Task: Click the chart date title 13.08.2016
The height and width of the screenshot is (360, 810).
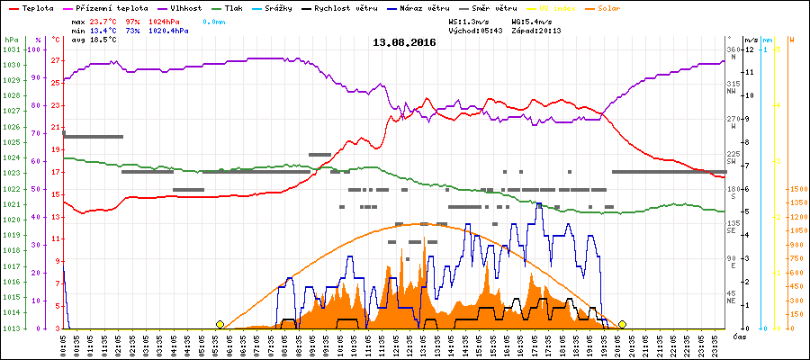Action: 404,42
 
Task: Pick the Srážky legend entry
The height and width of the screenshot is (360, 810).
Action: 283,7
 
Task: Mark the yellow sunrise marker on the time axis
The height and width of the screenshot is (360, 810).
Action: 220,324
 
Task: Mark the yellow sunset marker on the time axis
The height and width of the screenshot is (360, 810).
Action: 622,324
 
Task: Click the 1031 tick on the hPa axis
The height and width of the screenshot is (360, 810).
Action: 11,49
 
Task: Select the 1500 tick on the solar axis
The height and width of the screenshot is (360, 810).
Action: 796,189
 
